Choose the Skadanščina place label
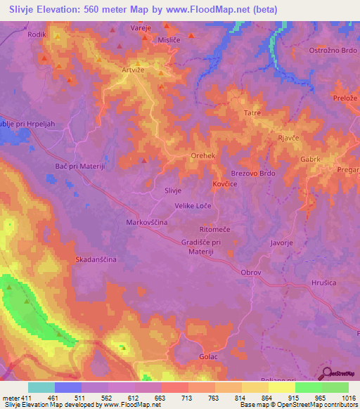click(96, 259)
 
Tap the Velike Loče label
click(193, 205)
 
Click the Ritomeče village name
click(215, 230)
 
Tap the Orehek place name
click(202, 156)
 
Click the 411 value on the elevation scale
click(28, 398)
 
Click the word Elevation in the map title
click(64, 9)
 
